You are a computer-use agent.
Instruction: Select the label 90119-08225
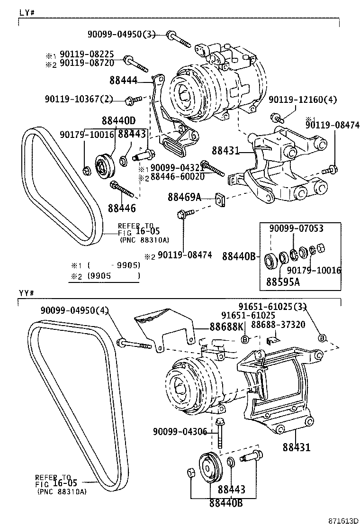pos(87,55)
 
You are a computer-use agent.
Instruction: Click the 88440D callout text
pos(118,121)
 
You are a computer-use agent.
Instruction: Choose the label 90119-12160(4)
pos(303,100)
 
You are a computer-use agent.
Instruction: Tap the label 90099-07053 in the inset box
pos(296,228)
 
